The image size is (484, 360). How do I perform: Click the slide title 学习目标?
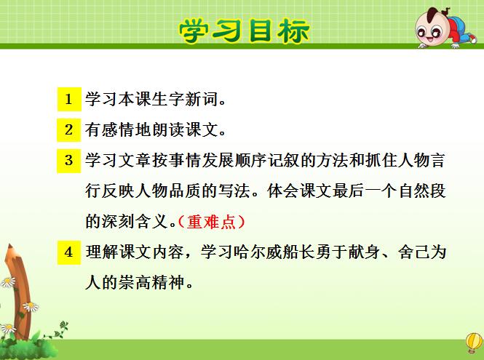(x=244, y=31)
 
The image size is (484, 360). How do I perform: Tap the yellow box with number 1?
(x=69, y=99)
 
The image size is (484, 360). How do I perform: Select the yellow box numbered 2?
(x=69, y=129)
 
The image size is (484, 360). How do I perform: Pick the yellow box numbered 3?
(x=69, y=161)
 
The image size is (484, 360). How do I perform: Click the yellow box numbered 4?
(x=69, y=252)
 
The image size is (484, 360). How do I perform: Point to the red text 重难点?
(x=212, y=222)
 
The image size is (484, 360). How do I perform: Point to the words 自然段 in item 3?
(x=422, y=191)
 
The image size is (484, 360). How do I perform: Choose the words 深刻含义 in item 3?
(x=135, y=222)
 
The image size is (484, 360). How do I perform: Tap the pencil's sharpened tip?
(x=10, y=246)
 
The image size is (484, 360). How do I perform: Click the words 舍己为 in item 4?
(x=422, y=252)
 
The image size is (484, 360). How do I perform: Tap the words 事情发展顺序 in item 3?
(x=218, y=161)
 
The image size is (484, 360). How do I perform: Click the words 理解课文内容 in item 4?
(x=135, y=252)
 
